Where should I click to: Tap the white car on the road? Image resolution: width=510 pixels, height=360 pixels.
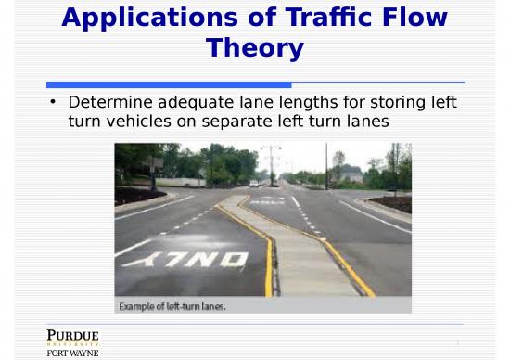pyautogui.click(x=253, y=184)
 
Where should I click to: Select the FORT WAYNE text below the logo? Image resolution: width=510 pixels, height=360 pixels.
pyautogui.click(x=72, y=353)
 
